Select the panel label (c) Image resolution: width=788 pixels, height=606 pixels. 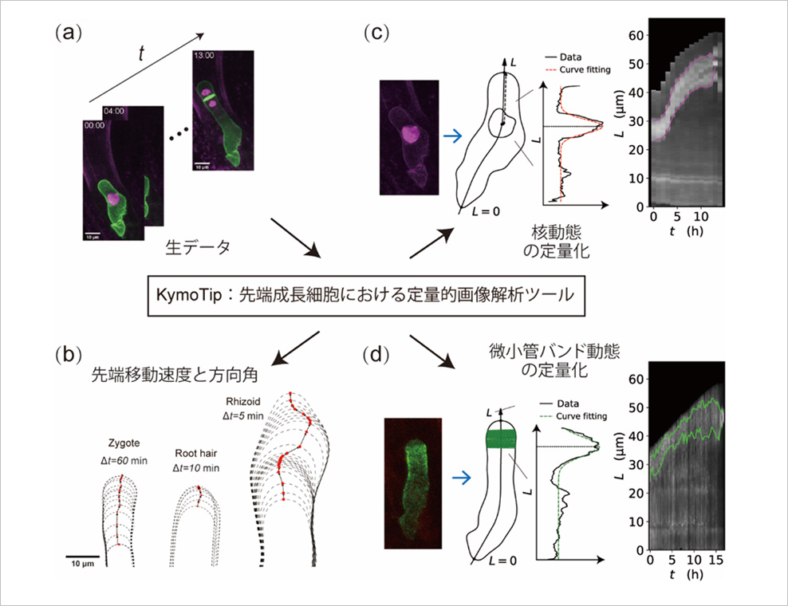pos(376,33)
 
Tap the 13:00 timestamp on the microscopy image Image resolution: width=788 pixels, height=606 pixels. pos(204,57)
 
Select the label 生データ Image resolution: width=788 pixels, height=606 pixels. pos(198,248)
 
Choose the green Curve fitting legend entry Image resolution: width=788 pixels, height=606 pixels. pos(574,416)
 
